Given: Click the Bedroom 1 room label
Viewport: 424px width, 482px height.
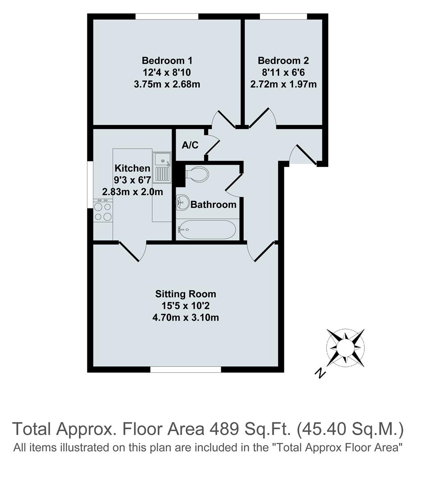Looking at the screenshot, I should point(167,61).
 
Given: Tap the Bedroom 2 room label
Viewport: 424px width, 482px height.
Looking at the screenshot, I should point(283,61).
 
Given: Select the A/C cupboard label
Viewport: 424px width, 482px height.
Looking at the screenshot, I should point(190,145).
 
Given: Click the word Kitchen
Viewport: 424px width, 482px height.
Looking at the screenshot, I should point(132,168).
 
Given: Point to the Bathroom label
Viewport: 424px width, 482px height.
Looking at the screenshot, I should point(213,205).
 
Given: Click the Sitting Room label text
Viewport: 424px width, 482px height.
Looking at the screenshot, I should point(185,294).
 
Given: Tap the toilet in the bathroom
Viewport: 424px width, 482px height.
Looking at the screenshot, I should point(197,175).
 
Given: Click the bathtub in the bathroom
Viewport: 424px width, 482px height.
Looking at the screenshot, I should point(207,230).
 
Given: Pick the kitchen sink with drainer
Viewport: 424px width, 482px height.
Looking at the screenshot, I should point(162,167).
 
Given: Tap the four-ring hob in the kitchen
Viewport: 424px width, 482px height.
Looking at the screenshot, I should point(103,211).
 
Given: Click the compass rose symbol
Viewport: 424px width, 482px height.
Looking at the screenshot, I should point(346,347).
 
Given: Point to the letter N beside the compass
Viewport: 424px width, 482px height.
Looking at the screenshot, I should point(319,374).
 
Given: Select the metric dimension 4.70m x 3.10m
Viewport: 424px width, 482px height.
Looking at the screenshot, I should point(185,318).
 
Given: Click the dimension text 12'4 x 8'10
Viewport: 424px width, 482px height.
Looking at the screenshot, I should point(167,72).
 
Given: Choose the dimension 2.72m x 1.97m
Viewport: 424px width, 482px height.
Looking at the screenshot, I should point(283,84).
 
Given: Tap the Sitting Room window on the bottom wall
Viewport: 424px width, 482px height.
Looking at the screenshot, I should point(185,370).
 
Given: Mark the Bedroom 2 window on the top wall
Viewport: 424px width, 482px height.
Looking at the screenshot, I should point(283,17).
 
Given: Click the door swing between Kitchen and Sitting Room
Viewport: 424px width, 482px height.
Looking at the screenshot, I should point(132,251).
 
